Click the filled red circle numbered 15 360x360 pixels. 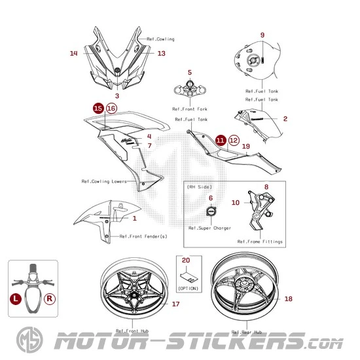(98, 108)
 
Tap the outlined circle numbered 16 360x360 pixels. (111, 108)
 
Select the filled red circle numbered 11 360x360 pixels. (221, 140)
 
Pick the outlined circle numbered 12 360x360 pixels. (234, 140)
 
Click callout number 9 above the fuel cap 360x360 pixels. (262, 35)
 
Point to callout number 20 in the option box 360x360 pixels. (186, 260)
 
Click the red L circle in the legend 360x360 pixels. (16, 298)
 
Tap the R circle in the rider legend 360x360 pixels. (50, 298)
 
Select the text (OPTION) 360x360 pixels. (189, 289)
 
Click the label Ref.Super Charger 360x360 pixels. (209, 228)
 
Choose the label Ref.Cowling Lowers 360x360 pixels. (104, 181)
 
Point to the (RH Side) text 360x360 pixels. (199, 187)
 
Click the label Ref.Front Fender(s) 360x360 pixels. (143, 236)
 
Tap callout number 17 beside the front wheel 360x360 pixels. (175, 304)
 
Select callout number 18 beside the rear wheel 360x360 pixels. (289, 298)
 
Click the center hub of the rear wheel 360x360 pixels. (243, 282)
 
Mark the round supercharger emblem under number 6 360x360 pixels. (211, 211)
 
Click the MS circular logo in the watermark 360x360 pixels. (29, 340)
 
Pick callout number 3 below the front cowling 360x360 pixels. (117, 96)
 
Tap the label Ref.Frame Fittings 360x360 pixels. (260, 242)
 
